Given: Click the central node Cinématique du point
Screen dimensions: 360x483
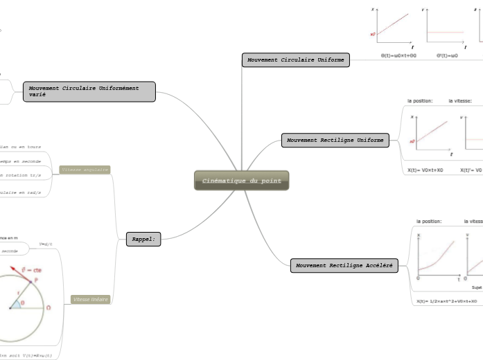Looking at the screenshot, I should coord(241,181).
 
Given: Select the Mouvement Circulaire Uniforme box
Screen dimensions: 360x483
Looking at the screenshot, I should coord(296,60).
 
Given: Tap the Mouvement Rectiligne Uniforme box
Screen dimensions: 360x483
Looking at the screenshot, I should coord(335,141).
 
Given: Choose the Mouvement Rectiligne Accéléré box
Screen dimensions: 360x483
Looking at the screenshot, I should coord(344,265).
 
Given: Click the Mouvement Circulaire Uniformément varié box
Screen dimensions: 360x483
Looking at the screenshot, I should coord(89,91).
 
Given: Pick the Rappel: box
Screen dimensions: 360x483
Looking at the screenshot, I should coord(143,240).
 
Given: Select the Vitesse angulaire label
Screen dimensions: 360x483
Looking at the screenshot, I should coord(85,170).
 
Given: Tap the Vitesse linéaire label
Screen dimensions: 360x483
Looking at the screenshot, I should coord(90,299).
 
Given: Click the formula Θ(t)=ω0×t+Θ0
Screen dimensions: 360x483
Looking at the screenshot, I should coord(398,55).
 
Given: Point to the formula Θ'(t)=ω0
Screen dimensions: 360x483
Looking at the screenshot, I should coord(447,55).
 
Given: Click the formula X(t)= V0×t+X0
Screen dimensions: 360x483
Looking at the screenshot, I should coord(425,170).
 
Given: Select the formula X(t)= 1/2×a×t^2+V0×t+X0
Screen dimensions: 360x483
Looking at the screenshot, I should coord(448,301).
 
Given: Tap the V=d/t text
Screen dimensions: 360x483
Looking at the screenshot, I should coord(46,244).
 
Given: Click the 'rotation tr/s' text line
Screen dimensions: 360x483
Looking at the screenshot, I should coord(21,175).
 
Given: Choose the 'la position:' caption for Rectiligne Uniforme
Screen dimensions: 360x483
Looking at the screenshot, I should coord(420,101).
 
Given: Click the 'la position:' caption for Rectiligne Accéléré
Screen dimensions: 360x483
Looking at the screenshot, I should coord(429,222).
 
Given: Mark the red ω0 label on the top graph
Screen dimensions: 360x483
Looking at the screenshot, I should coord(373,34).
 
